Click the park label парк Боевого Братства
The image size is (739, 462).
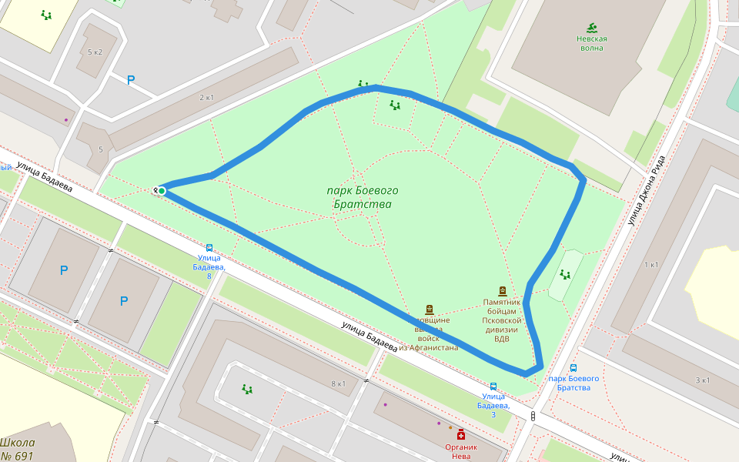point(362,197)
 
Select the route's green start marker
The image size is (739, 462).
point(162,190)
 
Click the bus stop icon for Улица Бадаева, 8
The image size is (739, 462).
point(209,248)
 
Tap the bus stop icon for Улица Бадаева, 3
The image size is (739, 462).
point(493,387)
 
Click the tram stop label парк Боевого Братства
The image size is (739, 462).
point(573,383)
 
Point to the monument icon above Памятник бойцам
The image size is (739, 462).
point(503,291)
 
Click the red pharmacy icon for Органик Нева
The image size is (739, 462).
point(461,434)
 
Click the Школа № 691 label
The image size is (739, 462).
point(17,449)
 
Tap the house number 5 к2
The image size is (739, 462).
point(95,52)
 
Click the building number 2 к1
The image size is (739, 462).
point(206,98)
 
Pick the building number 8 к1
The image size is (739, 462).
point(338,383)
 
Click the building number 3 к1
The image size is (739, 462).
point(702,380)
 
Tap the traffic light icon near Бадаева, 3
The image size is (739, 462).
point(533,416)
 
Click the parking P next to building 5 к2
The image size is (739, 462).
point(130,80)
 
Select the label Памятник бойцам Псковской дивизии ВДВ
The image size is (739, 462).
point(502,320)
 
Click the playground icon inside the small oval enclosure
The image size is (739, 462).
point(565,274)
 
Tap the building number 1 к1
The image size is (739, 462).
point(650,265)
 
